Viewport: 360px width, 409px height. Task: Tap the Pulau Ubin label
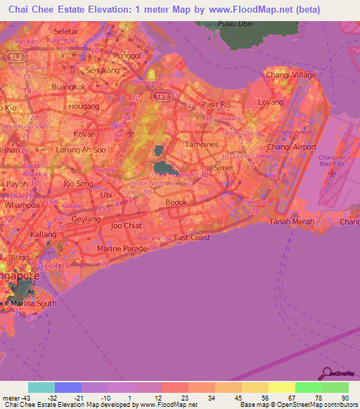(235, 23)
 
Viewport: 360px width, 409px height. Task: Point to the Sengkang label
(99, 70)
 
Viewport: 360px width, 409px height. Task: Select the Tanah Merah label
(289, 221)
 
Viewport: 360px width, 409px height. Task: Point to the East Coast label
(191, 238)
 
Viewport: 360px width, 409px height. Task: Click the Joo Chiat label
(126, 226)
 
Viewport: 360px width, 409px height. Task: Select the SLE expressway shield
(15, 56)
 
